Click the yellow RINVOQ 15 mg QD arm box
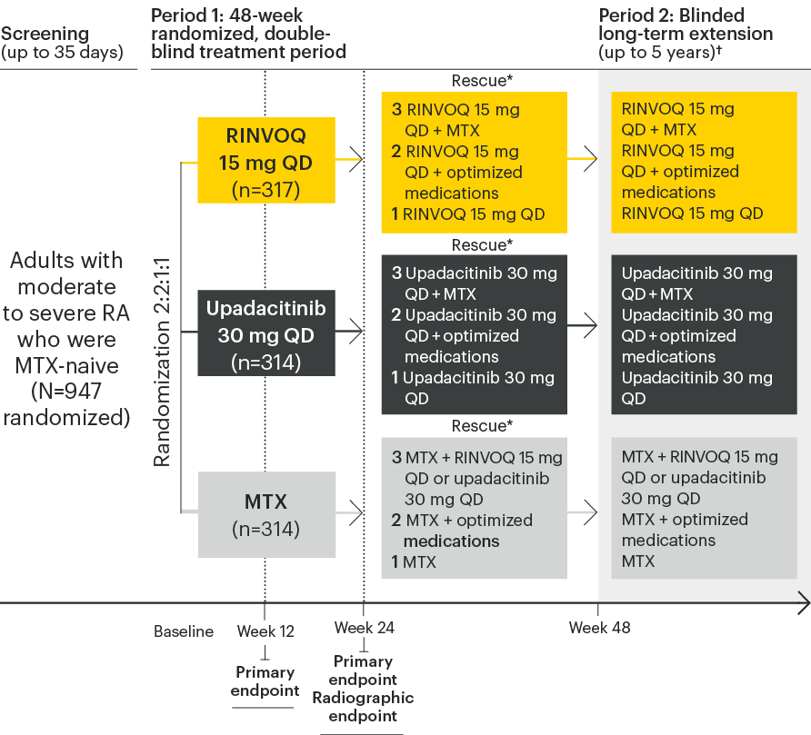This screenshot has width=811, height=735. tap(266, 163)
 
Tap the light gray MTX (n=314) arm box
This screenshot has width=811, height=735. tap(266, 513)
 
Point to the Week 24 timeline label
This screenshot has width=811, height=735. tap(364, 628)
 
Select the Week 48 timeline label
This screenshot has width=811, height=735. tap(599, 628)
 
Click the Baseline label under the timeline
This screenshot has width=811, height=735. tap(184, 631)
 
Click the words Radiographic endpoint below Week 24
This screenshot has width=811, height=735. tap(363, 707)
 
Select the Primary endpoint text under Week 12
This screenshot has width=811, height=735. tap(265, 681)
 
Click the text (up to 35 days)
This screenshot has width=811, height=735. tap(62, 53)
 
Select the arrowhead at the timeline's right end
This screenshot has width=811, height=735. tap(803, 601)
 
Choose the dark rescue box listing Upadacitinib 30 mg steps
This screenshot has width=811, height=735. tap(475, 335)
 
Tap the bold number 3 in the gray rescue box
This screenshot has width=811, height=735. tap(396, 459)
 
